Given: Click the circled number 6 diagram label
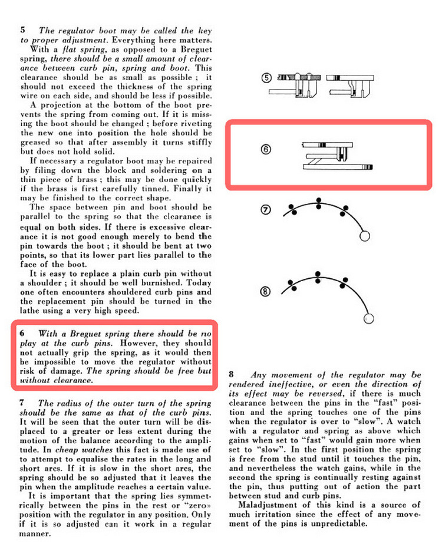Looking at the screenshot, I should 266,150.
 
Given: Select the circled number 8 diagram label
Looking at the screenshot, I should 266,291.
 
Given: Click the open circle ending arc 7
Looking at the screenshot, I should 365,236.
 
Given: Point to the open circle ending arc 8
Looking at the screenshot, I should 369,318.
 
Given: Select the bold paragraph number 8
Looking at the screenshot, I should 232,374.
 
